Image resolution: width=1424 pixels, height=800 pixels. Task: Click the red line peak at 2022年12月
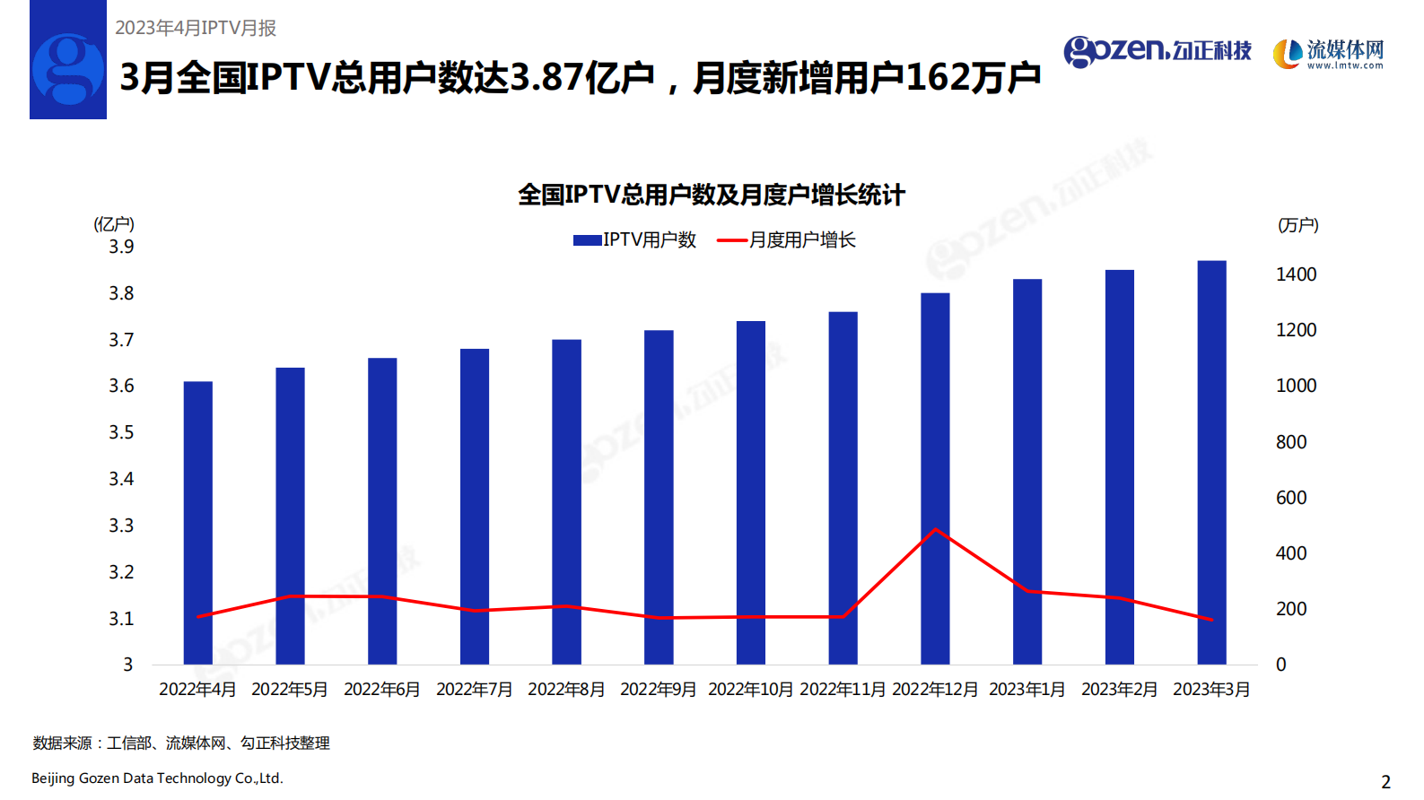tap(936, 529)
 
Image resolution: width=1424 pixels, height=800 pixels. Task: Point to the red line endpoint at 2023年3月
tap(1211, 620)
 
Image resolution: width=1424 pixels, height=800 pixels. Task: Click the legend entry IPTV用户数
tap(635, 239)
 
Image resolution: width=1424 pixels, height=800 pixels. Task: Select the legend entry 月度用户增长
tap(787, 239)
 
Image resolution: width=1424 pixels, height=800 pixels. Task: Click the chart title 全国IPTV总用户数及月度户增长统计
tap(712, 195)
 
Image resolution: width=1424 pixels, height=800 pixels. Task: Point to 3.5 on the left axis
tap(121, 432)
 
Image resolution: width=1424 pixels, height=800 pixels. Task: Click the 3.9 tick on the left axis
tap(121, 247)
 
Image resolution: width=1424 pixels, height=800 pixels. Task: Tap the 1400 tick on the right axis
tap(1296, 274)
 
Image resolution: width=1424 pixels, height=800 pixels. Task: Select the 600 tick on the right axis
tap(1291, 498)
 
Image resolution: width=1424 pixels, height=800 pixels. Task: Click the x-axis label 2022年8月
tap(566, 689)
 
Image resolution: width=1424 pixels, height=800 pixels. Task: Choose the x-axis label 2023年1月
tap(1027, 689)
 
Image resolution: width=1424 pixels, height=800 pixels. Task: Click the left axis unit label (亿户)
tap(114, 224)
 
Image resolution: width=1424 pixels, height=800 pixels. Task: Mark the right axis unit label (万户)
tap(1297, 225)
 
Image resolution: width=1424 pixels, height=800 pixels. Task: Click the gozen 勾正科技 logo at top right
tap(1158, 51)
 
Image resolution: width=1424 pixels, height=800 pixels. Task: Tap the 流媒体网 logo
tap(1329, 54)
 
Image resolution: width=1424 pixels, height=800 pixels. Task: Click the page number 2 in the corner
tap(1385, 781)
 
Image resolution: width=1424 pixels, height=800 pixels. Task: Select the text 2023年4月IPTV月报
tap(196, 28)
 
